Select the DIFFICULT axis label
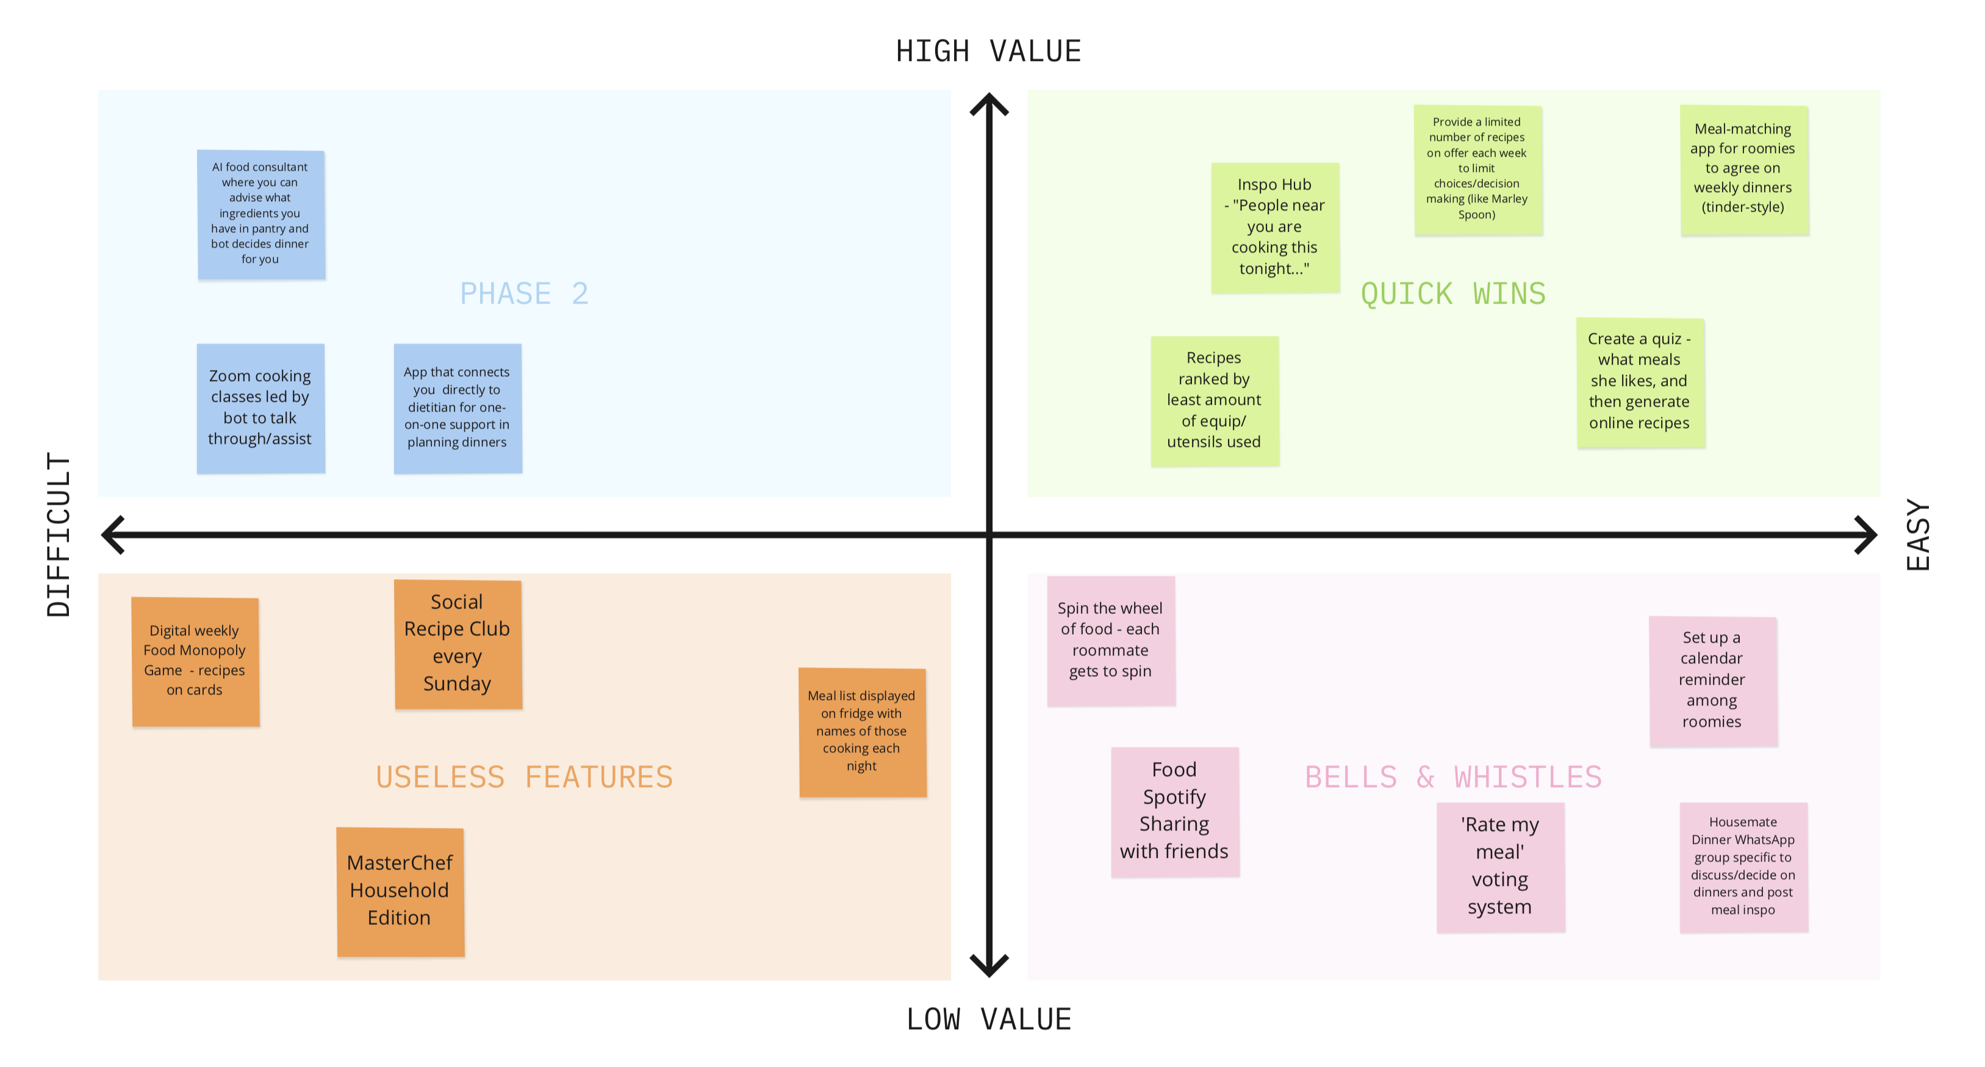pyautogui.click(x=59, y=534)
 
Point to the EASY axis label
pyautogui.click(x=1918, y=535)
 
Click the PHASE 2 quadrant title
pyautogui.click(x=524, y=293)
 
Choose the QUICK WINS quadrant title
pyautogui.click(x=1452, y=293)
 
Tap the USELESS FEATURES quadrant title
pyautogui.click(x=524, y=777)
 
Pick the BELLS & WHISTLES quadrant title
pyautogui.click(x=1452, y=777)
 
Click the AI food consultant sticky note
pyautogui.click(x=260, y=214)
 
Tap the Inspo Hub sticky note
pyautogui.click(x=1274, y=227)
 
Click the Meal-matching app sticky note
pyautogui.click(x=1743, y=169)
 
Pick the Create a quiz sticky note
pyautogui.click(x=1640, y=381)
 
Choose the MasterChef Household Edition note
pyautogui.click(x=400, y=891)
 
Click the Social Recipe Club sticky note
pyautogui.click(x=458, y=643)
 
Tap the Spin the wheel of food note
pyautogui.click(x=1110, y=640)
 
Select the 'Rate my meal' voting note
pyautogui.click(x=1499, y=866)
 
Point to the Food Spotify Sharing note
pyautogui.click(x=1174, y=812)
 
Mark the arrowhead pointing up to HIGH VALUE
pyautogui.click(x=989, y=105)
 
